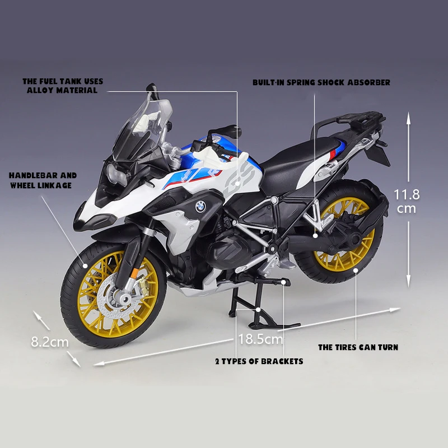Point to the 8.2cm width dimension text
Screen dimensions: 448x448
pos(50,341)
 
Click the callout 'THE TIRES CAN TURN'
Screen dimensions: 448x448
pos(358,347)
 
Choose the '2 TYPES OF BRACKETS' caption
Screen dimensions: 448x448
pos(259,361)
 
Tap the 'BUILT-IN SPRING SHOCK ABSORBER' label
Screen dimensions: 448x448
pos(321,82)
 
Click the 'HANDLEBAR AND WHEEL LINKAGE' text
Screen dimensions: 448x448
pos(43,180)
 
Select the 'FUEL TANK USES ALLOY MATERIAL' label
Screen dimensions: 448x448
pos(62,85)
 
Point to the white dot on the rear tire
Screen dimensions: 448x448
pos(357,272)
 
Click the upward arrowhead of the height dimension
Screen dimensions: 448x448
pos(409,118)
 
